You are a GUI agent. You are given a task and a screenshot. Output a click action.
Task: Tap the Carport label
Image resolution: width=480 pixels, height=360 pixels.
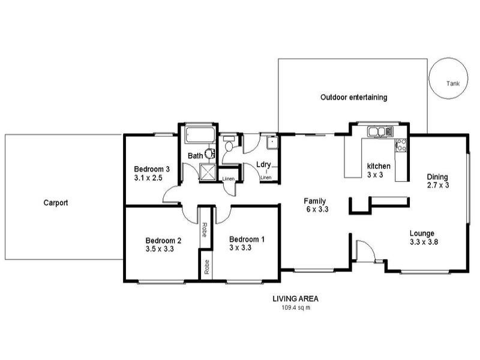[56, 203]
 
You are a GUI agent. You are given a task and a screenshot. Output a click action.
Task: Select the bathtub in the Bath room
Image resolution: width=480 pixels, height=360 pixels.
[200, 135]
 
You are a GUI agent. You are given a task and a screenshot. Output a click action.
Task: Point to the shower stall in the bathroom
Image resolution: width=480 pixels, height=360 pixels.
[208, 172]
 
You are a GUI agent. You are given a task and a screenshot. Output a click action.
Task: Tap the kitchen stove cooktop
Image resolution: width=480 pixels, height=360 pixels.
[401, 146]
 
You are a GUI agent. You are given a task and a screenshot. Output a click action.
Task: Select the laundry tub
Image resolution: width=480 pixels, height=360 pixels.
[272, 143]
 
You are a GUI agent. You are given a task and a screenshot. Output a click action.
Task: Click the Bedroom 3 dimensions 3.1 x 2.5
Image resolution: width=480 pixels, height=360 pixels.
[148, 178]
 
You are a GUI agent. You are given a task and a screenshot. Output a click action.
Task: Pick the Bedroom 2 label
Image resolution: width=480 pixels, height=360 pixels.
[163, 241]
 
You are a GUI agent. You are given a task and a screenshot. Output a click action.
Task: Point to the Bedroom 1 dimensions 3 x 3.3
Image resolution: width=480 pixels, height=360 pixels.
[241, 248]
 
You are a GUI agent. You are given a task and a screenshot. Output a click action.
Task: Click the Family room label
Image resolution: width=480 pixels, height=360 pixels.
[314, 201]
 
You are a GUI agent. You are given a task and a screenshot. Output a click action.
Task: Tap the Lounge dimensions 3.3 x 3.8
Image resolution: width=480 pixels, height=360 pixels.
[424, 242]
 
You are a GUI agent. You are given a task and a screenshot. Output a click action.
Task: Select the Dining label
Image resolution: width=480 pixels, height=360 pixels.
[437, 177]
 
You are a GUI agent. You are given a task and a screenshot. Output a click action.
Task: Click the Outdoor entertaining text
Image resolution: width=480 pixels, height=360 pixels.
[354, 97]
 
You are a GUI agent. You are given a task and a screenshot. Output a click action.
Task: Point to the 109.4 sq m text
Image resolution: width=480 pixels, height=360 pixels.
[296, 308]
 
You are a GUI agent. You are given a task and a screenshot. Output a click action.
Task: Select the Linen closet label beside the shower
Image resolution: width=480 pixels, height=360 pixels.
[229, 179]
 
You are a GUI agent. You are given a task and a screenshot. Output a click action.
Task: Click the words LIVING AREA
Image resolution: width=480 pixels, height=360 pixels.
[296, 298]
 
